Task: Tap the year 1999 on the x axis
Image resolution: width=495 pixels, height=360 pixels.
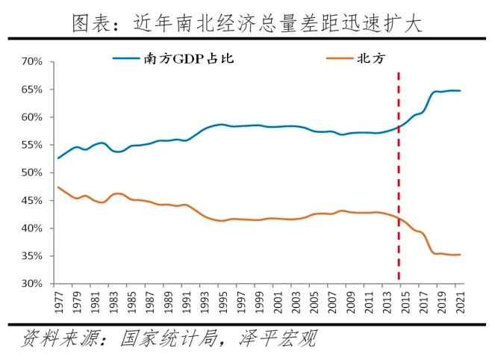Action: pyautogui.click(x=258, y=302)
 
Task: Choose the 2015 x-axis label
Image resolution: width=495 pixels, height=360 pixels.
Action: pyautogui.click(x=404, y=302)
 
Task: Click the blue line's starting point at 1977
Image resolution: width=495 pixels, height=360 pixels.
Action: pyautogui.click(x=58, y=158)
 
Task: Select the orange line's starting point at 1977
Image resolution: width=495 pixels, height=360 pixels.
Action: pyautogui.click(x=58, y=187)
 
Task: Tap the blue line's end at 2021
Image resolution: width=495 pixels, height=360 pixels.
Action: pyautogui.click(x=460, y=91)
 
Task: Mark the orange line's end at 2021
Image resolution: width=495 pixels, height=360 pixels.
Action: pyautogui.click(x=460, y=255)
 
